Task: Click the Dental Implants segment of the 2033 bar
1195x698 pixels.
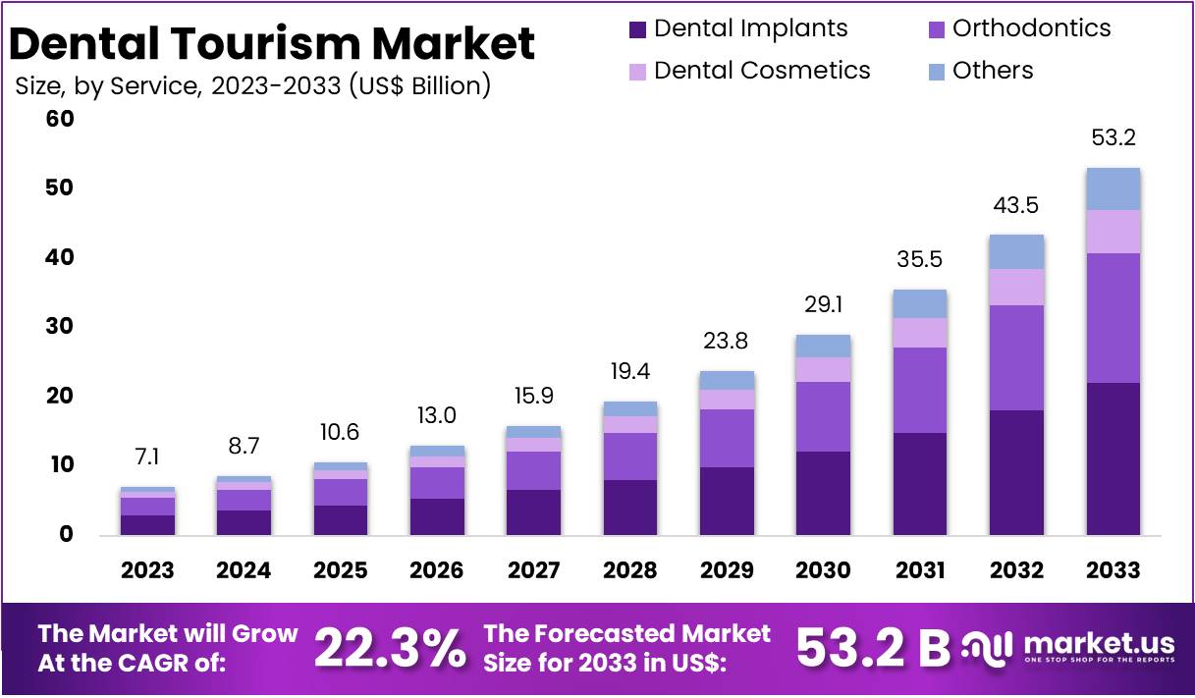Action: tap(1113, 458)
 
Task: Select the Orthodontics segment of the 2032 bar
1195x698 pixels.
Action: tap(1016, 357)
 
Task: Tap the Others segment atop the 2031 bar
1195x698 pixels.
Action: tap(920, 303)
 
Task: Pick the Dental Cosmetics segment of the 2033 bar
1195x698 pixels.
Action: tap(1113, 232)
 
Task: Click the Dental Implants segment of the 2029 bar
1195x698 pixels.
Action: tap(727, 501)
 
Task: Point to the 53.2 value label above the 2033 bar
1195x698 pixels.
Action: tap(1113, 138)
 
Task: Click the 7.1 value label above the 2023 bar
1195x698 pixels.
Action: tap(147, 457)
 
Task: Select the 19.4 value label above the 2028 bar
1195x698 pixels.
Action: tap(630, 372)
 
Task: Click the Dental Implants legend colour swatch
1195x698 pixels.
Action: tap(638, 29)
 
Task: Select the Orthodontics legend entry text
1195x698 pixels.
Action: tap(1031, 28)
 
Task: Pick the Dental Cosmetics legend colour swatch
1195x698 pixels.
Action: tap(638, 72)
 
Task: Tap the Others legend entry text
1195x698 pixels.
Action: tap(992, 71)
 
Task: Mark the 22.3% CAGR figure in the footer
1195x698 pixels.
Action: tap(390, 648)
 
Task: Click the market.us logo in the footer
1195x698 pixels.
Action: tap(1070, 648)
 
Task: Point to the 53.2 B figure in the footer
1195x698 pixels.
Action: tap(873, 648)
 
